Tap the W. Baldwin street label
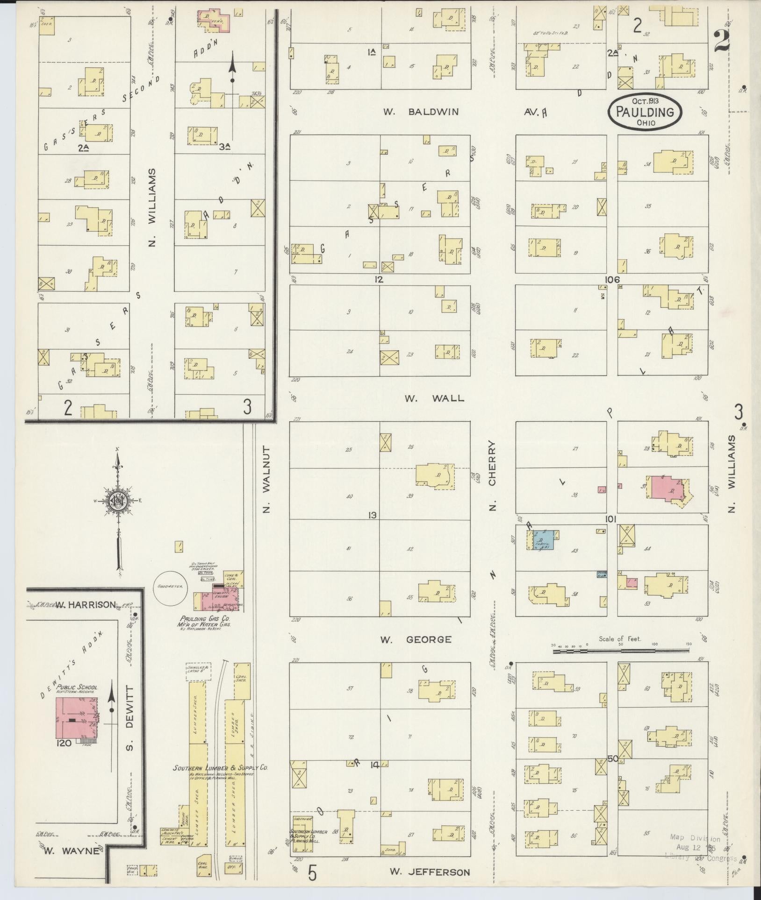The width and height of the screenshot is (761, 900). tap(421, 112)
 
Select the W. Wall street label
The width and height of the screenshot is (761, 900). tap(434, 398)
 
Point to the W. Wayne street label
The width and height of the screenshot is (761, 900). tap(72, 850)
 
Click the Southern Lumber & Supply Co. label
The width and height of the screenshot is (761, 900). tap(220, 767)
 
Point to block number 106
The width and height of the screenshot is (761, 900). tap(611, 280)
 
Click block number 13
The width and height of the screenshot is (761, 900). tap(372, 516)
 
